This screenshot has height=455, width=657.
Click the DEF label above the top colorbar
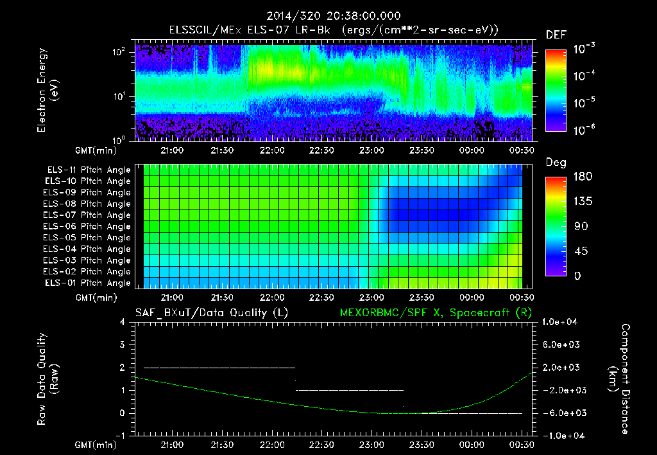[556, 35]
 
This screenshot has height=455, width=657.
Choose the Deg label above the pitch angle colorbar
[556, 163]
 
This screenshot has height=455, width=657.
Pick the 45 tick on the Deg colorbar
[581, 251]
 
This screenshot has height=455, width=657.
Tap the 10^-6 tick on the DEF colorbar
[584, 130]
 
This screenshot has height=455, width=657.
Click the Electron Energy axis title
[49, 92]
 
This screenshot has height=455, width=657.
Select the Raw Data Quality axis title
[49, 379]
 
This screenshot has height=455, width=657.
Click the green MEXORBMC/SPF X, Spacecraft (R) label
[434, 313]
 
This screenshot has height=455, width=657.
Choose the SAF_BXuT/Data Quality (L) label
[211, 313]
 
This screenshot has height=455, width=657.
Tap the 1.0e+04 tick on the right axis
[561, 322]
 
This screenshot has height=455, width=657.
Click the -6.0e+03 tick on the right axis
[562, 413]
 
